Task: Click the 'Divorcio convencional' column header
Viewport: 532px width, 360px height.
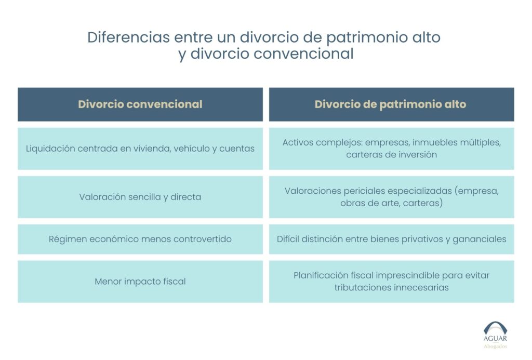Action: [140, 104]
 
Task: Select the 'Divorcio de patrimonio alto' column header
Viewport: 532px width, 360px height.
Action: [392, 104]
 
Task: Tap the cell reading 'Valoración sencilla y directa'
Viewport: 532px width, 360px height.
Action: [140, 197]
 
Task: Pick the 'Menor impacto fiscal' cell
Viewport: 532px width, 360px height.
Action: [140, 281]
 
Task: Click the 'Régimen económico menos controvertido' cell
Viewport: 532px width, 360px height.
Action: [140, 239]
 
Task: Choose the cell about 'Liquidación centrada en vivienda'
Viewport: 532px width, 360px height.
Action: [140, 149]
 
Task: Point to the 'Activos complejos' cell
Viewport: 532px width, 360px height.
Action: [392, 149]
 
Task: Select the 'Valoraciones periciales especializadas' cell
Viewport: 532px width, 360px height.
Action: [392, 197]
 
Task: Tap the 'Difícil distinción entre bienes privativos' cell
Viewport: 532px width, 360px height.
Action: [392, 239]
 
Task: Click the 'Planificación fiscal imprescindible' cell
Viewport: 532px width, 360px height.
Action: [392, 281]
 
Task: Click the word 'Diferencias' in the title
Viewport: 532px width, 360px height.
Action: [128, 37]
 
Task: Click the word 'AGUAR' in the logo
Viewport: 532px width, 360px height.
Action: [495, 339]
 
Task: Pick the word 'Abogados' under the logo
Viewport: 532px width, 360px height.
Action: [495, 346]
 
